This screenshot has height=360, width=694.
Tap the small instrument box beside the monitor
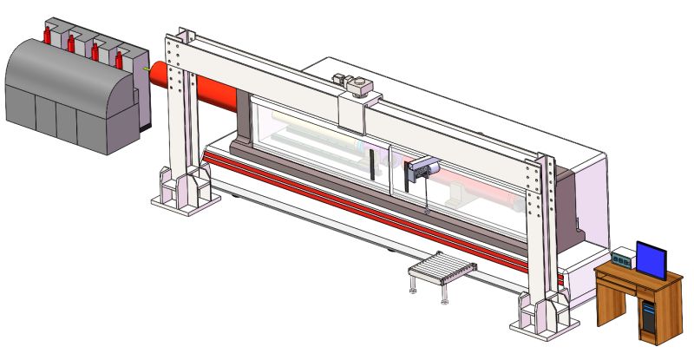click(x=622, y=259)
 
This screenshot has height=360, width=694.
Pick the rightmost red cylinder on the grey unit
click(x=119, y=59)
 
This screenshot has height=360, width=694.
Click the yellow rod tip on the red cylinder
click(x=144, y=69)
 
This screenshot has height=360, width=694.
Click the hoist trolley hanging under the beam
click(x=419, y=170)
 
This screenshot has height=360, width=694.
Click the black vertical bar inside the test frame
click(x=370, y=165)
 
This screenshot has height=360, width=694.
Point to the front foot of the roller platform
click(x=445, y=300)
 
